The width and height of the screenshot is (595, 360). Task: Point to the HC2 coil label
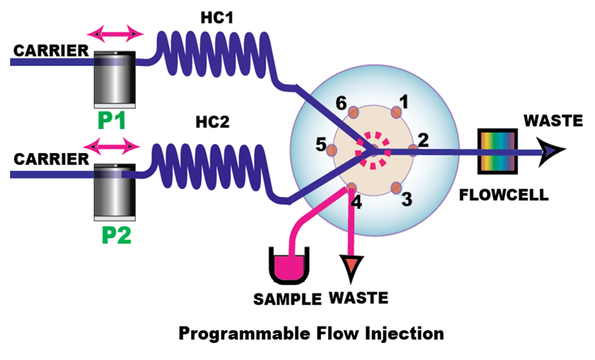coord(213,122)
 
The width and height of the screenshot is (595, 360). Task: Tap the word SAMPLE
coord(287,298)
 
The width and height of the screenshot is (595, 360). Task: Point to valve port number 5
coord(332,149)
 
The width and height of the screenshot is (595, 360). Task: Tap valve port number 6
coord(352,111)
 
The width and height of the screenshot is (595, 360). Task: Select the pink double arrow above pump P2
coord(112,146)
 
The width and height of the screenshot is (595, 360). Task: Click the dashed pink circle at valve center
coord(374,149)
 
